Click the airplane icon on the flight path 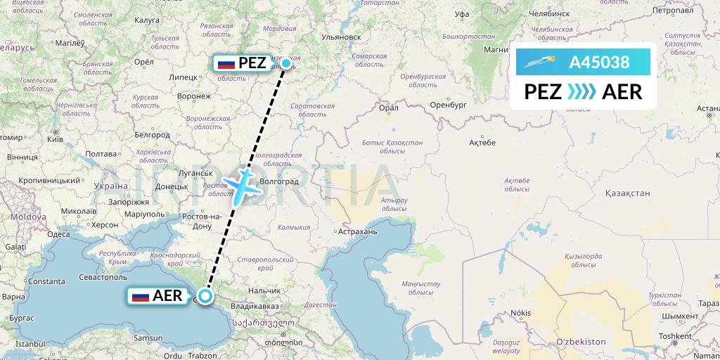243,184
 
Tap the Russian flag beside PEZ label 226,63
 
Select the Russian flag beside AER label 141,296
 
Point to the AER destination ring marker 205,296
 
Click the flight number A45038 599,63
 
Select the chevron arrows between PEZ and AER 581,91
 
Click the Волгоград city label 280,181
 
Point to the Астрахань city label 357,231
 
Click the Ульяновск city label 341,37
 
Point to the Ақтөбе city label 482,143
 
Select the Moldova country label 27,217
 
